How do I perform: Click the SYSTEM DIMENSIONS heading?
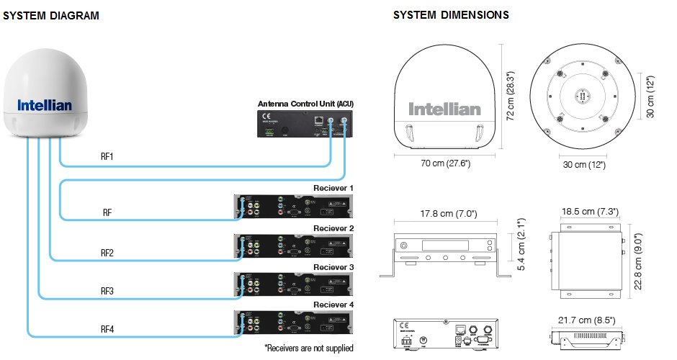point(451,15)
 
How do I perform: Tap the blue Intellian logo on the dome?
point(45,105)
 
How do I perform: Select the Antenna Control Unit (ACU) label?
point(306,104)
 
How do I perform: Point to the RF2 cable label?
point(107,253)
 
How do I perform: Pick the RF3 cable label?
point(107,292)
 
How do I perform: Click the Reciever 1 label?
point(333,188)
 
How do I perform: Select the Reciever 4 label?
point(333,305)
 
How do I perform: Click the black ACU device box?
point(306,124)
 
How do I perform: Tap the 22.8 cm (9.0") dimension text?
point(636,261)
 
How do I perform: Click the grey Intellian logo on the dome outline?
point(444,109)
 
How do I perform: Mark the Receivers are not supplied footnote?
point(309,348)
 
